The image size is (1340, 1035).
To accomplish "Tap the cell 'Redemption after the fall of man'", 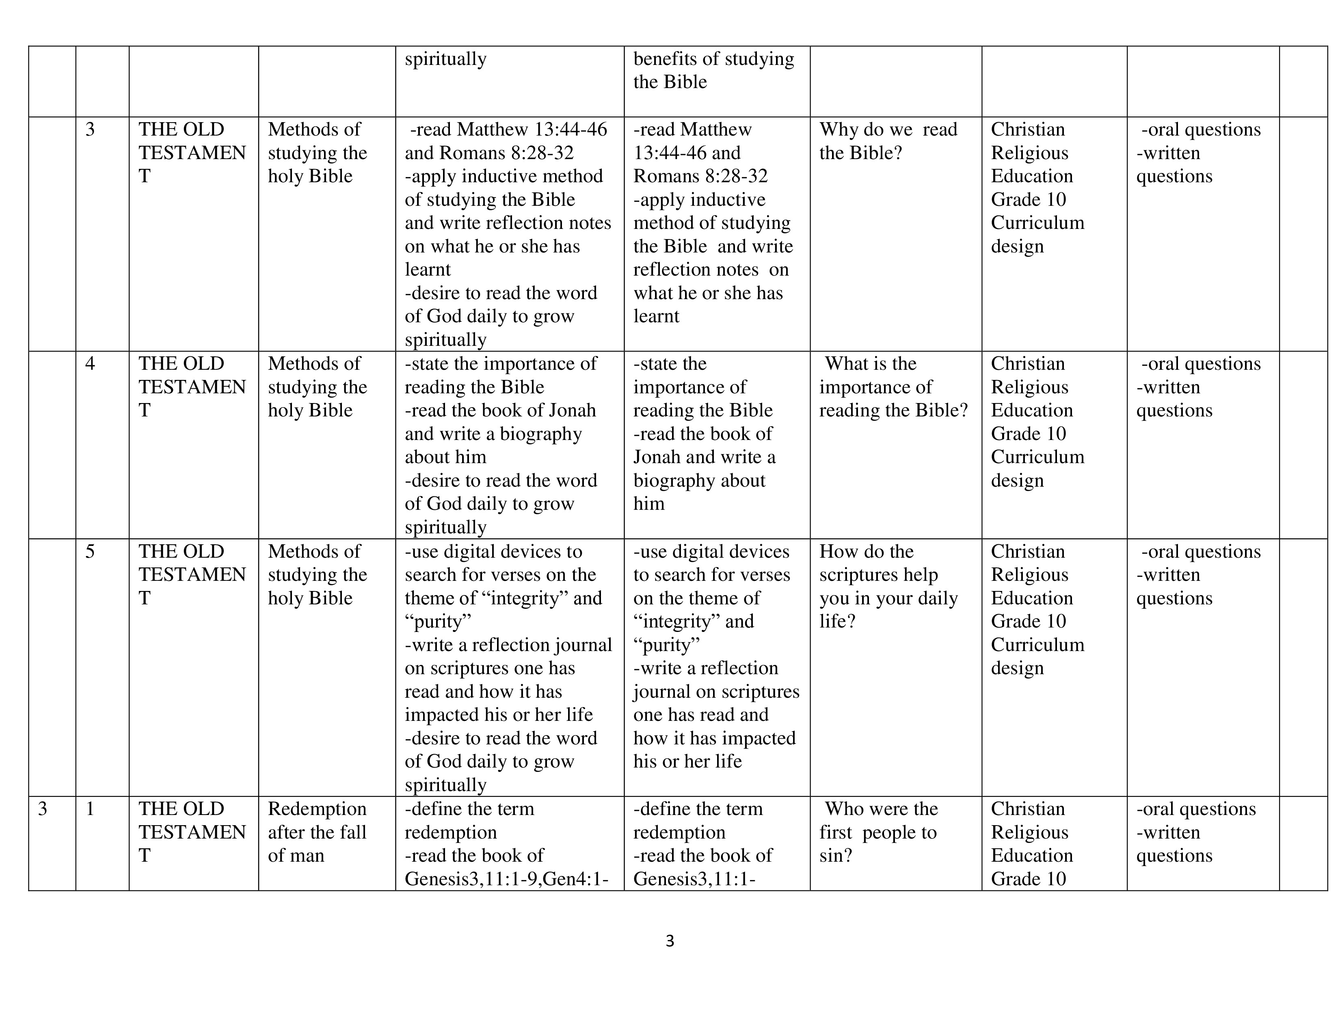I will click(x=317, y=832).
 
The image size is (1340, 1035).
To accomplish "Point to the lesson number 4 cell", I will click(x=90, y=364).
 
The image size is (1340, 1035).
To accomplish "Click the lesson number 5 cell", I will click(x=90, y=551).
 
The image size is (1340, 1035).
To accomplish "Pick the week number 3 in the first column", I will click(x=42, y=809).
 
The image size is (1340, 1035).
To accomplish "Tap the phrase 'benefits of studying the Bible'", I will click(x=713, y=70).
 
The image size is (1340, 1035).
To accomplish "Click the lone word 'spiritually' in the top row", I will click(x=445, y=59).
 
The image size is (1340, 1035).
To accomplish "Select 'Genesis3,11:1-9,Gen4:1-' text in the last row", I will click(x=506, y=879).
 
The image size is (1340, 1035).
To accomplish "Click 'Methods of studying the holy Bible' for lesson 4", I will click(x=317, y=387).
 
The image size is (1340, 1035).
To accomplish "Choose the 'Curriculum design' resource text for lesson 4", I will click(x=1037, y=468).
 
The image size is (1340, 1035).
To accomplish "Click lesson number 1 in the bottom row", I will click(x=90, y=809).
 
